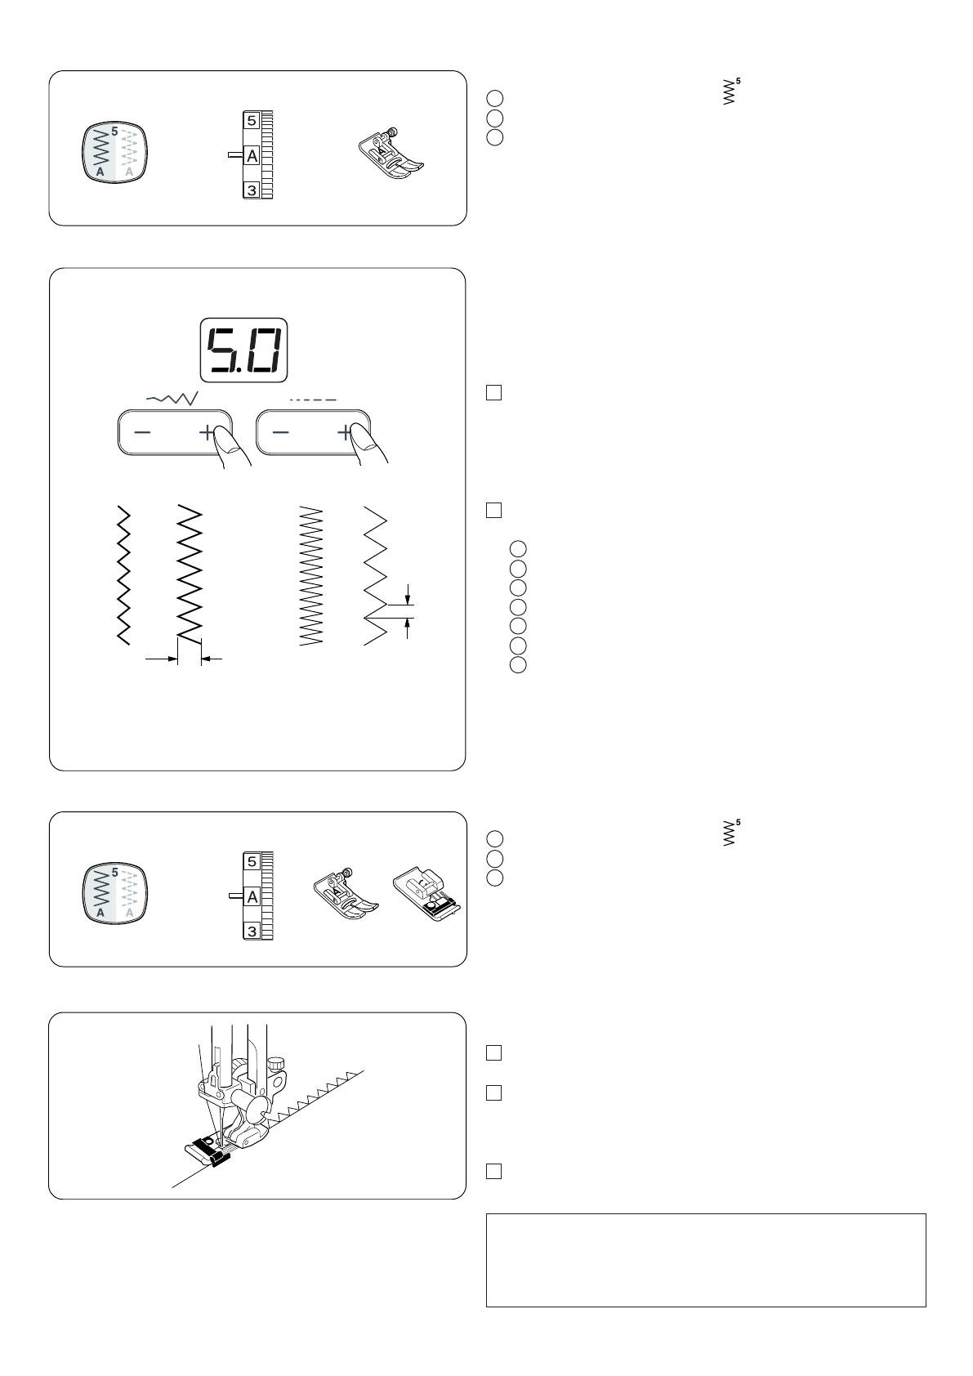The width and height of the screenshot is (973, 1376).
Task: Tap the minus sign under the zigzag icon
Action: pos(143,433)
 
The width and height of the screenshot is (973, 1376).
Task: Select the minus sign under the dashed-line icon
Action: pos(280,433)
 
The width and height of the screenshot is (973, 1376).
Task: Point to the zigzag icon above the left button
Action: pos(171,397)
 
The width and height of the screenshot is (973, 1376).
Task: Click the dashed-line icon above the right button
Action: pos(313,400)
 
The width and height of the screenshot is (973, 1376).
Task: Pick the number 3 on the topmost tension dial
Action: pos(252,190)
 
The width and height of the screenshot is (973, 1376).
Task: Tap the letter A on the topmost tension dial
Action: pos(252,155)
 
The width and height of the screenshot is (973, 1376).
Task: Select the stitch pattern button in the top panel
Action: pos(114,154)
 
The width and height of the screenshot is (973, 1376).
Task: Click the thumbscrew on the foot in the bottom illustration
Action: pos(278,1063)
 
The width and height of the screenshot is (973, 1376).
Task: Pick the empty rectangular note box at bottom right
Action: pos(706,1259)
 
